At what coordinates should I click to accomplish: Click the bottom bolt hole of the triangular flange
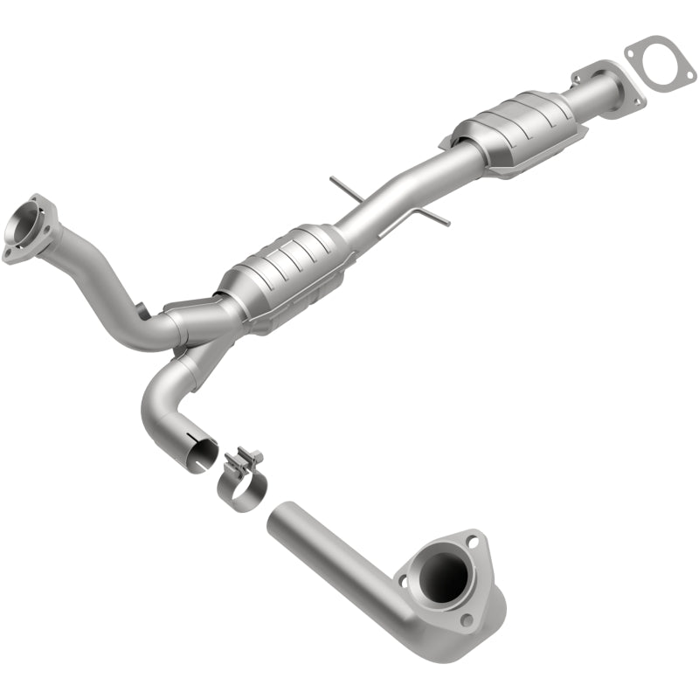click(467, 619)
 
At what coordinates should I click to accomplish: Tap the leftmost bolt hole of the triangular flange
click(404, 578)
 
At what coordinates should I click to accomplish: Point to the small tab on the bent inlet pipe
click(142, 308)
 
